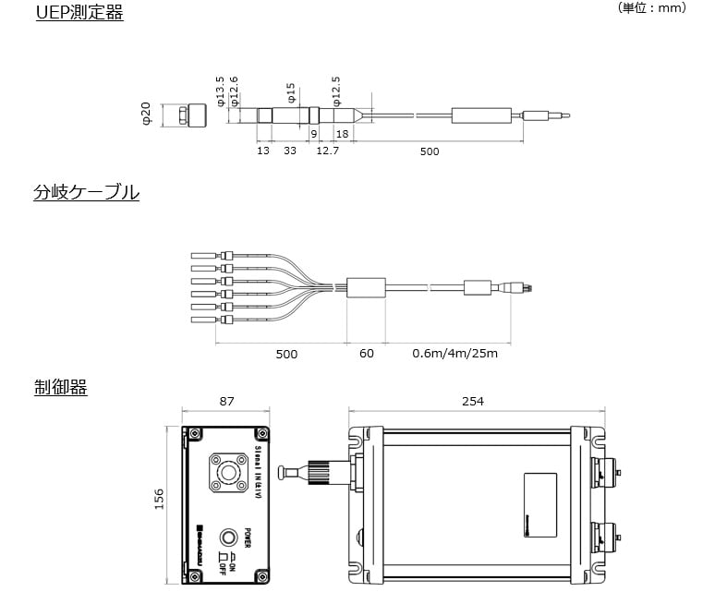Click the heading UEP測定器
pos(79,13)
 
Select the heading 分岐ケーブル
pos(86,193)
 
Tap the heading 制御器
pos(60,388)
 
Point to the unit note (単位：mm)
pos(652,7)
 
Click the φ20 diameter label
pos(146,115)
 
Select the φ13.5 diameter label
pos(220,91)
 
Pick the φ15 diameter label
pos(291,92)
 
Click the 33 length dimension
pos(289,151)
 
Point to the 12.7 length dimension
pos(327,151)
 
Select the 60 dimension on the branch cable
pos(367,354)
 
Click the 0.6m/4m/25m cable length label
pos(454,354)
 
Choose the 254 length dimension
pos(473,401)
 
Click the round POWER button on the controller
pos(226,538)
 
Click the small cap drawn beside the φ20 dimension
pos(195,115)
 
